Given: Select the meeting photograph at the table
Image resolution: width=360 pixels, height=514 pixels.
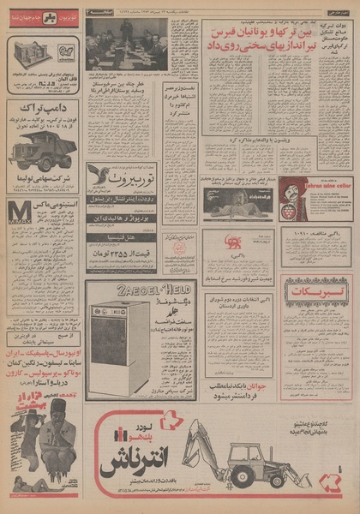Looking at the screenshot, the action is (126, 42).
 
